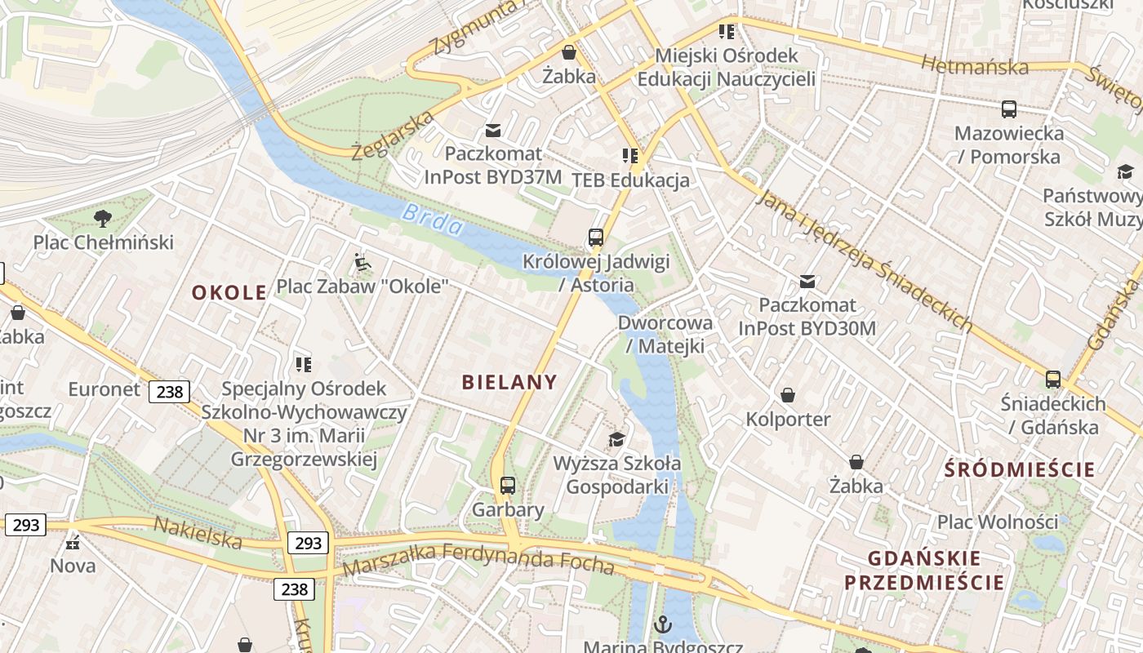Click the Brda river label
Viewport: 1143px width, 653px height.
432,220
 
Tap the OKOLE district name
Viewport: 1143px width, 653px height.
229,292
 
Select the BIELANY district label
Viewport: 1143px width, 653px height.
509,381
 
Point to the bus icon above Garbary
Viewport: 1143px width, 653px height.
508,486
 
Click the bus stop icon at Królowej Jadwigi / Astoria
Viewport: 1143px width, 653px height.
596,238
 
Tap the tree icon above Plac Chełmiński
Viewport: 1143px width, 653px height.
103,218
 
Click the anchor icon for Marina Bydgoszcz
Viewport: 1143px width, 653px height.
663,625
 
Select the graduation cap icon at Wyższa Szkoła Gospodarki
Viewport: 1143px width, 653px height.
617,440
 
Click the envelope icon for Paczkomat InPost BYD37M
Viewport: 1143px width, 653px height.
493,130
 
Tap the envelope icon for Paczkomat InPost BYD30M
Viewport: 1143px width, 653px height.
807,282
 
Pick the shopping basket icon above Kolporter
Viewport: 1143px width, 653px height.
788,396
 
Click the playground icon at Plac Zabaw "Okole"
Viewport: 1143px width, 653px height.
362,263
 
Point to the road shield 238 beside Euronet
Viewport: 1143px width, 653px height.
170,392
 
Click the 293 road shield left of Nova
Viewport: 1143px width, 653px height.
25,525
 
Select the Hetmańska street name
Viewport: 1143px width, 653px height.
974,65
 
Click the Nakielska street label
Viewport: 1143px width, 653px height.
198,532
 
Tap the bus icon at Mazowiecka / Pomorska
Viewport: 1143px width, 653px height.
1009,109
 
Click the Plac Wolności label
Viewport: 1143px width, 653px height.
997,521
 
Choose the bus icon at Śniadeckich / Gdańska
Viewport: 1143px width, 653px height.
1053,380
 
